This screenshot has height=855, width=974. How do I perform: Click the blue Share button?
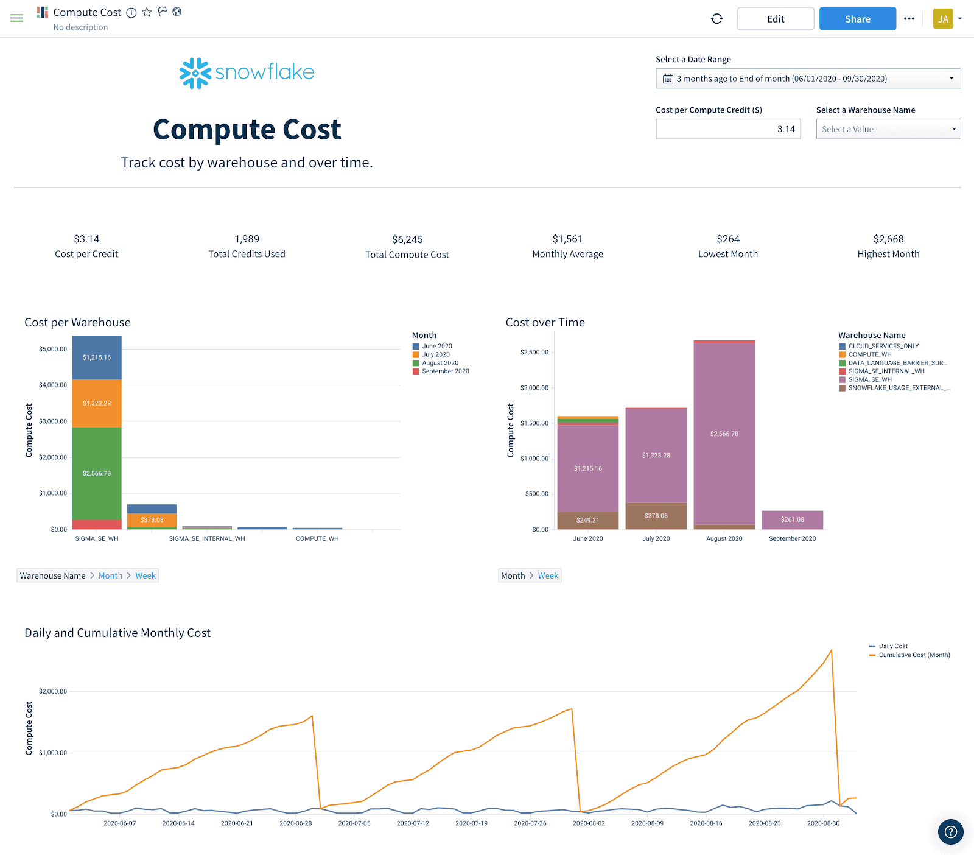(x=857, y=19)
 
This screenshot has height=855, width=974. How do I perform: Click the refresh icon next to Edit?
(x=717, y=19)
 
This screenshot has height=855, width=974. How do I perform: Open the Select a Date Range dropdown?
(x=808, y=79)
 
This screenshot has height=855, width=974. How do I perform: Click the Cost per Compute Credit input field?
(x=727, y=129)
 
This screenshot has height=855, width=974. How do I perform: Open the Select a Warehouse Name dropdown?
(x=888, y=129)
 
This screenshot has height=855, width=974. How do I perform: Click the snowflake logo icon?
(x=195, y=73)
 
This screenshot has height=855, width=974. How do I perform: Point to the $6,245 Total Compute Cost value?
(x=407, y=239)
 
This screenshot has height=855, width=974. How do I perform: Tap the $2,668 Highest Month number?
(x=888, y=239)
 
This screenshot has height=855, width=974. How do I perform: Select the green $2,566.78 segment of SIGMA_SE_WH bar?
(x=97, y=473)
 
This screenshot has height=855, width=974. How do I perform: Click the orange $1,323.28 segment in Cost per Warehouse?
(x=97, y=403)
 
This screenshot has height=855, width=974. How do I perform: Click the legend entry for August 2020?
(x=440, y=363)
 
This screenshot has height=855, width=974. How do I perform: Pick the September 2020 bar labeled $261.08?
(x=792, y=519)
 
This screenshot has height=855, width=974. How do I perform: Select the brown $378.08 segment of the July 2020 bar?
(x=656, y=516)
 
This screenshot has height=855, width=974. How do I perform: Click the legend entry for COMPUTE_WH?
(x=869, y=354)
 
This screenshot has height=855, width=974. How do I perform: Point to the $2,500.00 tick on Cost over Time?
(x=534, y=353)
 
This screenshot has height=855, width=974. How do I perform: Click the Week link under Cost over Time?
(x=548, y=575)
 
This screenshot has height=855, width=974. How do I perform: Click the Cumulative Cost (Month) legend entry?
(x=914, y=655)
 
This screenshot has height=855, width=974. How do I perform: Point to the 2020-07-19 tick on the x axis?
(x=471, y=823)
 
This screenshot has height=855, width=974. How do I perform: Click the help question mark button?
(x=951, y=832)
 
